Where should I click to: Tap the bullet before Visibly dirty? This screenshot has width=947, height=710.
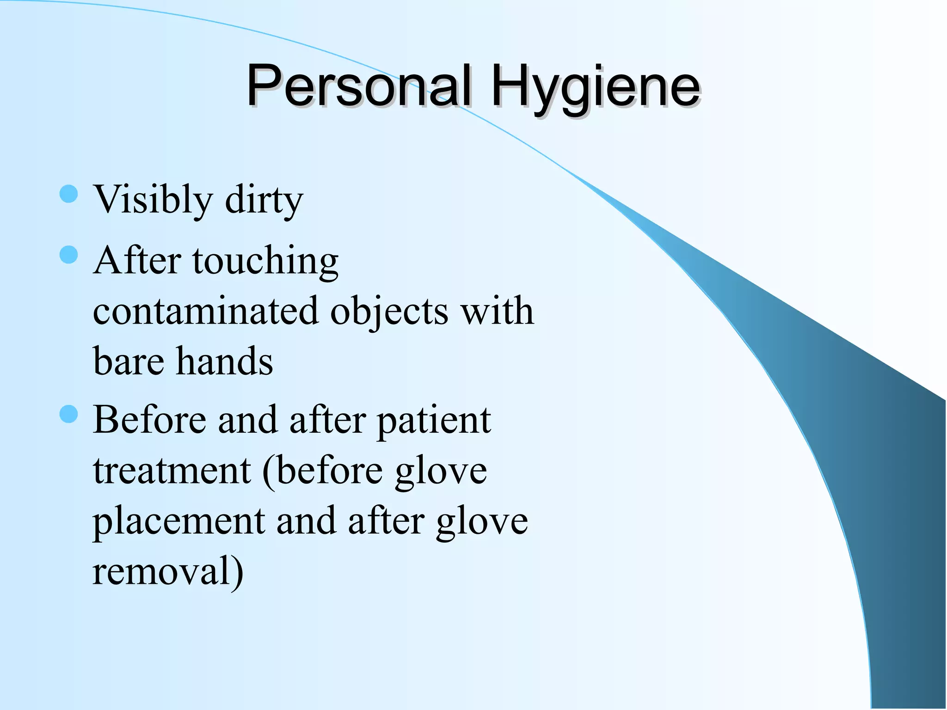[x=69, y=194]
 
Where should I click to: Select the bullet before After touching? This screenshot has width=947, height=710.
[x=69, y=255]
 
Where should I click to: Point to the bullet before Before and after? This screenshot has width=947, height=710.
[x=69, y=414]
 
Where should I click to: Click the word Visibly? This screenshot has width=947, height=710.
[x=153, y=200]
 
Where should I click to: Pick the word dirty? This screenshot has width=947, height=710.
[x=264, y=200]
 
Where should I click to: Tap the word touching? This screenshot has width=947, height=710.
[x=265, y=262]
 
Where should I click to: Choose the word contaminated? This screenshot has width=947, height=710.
[x=205, y=311]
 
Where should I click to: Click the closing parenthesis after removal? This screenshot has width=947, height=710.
[x=237, y=572]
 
